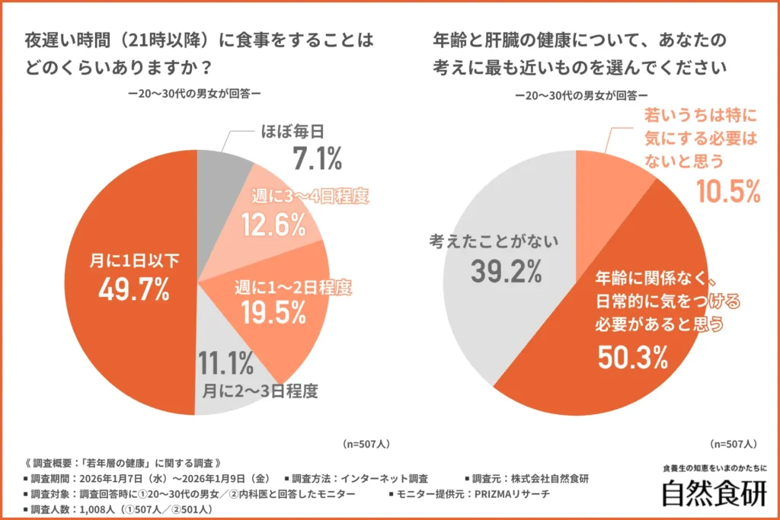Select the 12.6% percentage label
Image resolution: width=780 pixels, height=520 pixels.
tap(273, 225)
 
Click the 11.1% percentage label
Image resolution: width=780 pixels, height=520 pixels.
tap(225, 365)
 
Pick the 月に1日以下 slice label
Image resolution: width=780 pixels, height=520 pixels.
tap(134, 261)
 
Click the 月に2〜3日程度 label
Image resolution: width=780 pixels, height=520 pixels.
tap(260, 392)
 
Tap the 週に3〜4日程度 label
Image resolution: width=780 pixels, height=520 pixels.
tap(310, 196)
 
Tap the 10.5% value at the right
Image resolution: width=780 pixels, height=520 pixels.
tap(727, 192)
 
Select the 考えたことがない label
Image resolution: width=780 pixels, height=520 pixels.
tap(494, 241)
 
